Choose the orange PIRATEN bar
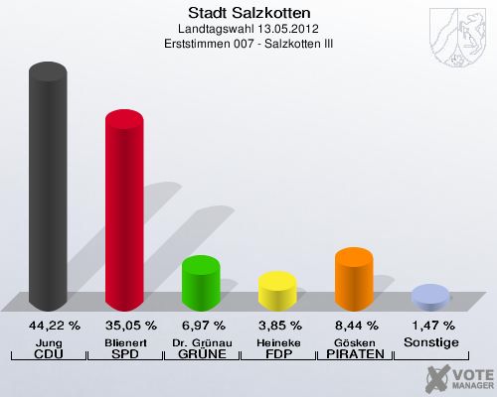coord(354,277)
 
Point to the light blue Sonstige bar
coord(429,296)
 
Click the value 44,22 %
coord(48,325)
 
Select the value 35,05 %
coord(124,325)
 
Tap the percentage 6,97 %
coord(201,325)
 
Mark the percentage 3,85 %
coord(277,325)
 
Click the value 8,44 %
coord(354,325)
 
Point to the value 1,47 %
coord(430,325)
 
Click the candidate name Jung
coord(48,341)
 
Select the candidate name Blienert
coord(124,341)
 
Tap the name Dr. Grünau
coord(201,341)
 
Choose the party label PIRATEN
coord(354,354)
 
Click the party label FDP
coord(277,354)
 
